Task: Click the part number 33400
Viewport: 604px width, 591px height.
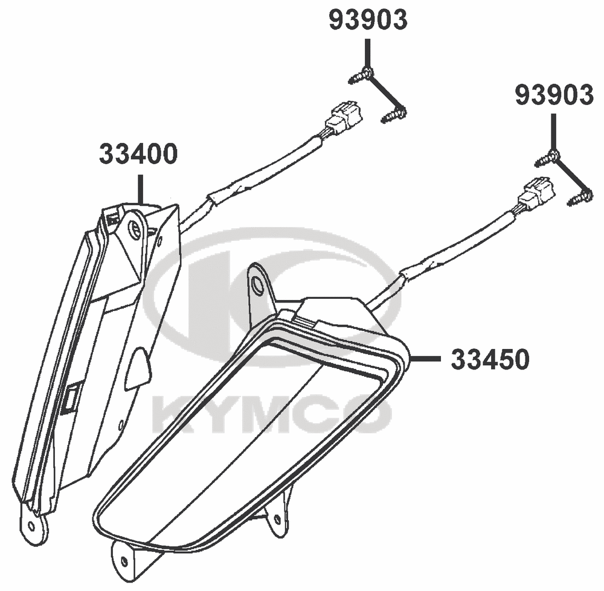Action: [138, 154]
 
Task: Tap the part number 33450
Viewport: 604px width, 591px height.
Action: [490, 360]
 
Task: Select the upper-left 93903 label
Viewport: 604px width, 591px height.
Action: [368, 20]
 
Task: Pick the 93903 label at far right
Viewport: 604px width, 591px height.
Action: [554, 95]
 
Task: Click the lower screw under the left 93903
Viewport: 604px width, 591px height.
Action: [394, 114]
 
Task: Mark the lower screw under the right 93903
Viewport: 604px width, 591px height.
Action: [580, 197]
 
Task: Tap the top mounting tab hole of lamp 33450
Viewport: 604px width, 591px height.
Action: [257, 284]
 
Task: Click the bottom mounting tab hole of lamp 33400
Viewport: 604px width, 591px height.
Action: [32, 525]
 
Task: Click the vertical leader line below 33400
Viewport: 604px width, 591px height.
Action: [141, 189]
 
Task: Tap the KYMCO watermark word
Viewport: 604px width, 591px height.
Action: [272, 413]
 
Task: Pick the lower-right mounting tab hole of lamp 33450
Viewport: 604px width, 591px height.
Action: [277, 520]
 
